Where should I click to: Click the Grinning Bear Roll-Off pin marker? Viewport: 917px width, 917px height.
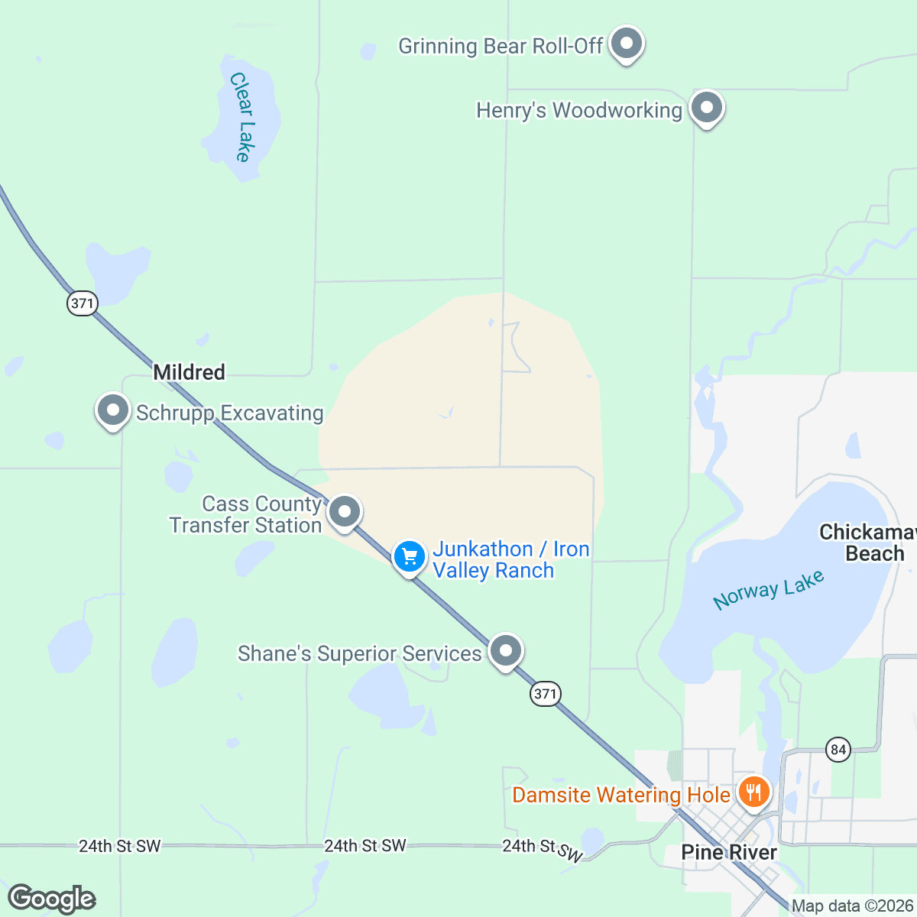(627, 44)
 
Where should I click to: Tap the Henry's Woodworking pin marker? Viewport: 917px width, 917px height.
(707, 108)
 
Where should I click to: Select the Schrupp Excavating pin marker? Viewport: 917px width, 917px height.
(113, 410)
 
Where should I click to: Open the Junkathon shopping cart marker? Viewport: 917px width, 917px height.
(410, 556)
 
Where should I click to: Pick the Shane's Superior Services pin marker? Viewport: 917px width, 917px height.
(505, 651)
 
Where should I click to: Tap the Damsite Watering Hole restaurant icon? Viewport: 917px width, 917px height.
(753, 791)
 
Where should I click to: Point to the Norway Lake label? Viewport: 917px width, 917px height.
(768, 590)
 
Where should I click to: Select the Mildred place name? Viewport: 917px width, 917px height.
(189, 372)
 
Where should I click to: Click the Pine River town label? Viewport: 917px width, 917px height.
(729, 852)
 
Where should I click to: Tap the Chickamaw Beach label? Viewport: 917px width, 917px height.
(868, 543)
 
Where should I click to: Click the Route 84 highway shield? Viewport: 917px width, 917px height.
(838, 750)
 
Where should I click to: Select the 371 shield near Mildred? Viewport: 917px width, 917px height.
(82, 303)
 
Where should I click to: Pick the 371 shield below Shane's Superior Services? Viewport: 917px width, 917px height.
(545, 694)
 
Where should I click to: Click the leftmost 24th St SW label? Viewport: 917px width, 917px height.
(120, 846)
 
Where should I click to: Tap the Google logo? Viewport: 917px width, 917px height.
(52, 899)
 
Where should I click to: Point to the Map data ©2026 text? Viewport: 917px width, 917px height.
(852, 906)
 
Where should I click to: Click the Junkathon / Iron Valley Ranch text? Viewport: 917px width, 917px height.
(510, 559)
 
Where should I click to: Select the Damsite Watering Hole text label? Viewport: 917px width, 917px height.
(621, 795)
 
